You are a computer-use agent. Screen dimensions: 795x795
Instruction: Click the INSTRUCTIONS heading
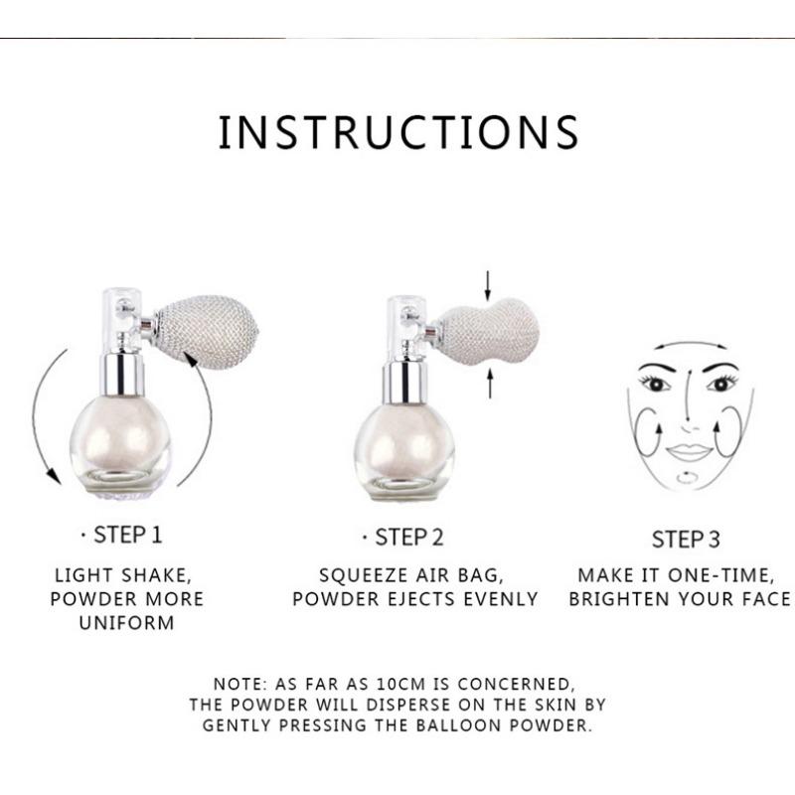click(398, 132)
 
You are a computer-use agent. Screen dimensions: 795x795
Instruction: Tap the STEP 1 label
click(127, 535)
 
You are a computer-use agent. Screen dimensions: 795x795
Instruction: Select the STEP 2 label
click(408, 538)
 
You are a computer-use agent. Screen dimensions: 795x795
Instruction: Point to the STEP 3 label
click(686, 540)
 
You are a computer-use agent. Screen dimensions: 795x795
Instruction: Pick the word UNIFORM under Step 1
click(127, 623)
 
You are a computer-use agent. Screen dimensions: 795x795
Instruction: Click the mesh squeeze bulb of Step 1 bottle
click(206, 332)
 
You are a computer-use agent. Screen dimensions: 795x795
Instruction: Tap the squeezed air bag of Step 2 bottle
click(487, 332)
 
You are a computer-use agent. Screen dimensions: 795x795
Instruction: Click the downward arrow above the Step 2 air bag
click(488, 285)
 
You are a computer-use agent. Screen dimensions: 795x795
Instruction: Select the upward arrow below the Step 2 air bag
click(490, 384)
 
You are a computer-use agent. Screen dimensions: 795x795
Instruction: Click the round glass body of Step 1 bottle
click(120, 445)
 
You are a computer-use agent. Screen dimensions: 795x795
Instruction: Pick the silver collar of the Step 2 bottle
click(404, 383)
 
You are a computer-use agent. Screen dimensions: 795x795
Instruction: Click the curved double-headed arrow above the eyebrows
click(690, 343)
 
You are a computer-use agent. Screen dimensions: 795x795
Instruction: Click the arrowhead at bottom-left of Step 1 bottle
click(53, 476)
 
